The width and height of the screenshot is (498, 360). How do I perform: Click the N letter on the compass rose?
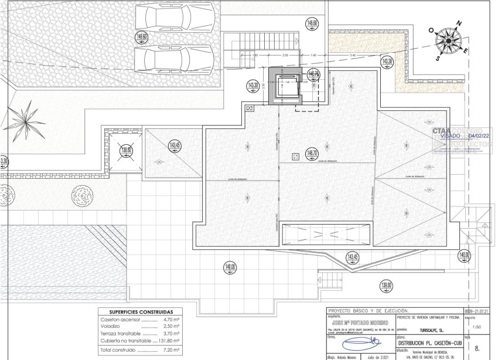459,23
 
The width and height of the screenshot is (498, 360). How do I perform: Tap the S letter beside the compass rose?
437,58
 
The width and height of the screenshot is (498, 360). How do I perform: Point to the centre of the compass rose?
449,40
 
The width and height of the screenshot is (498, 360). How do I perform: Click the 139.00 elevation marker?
386,287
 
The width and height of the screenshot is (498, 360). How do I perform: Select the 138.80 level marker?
125,151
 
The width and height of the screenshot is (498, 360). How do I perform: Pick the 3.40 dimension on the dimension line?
352,55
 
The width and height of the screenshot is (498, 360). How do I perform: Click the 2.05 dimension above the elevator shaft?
285,55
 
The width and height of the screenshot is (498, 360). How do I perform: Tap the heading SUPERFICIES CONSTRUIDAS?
141,312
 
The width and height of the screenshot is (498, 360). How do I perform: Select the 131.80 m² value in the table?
168,340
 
